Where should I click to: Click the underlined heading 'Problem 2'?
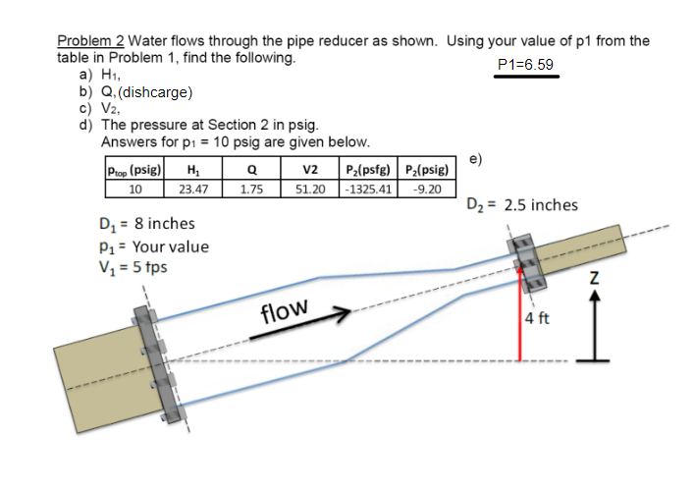point(90,41)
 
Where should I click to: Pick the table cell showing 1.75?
point(251,188)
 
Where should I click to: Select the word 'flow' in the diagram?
point(285,312)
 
